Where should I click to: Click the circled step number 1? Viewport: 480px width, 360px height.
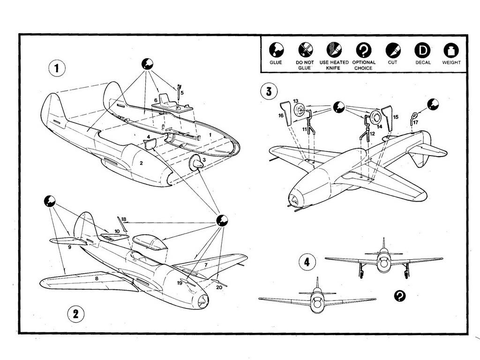(57, 68)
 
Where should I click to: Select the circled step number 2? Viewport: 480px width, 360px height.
(75, 314)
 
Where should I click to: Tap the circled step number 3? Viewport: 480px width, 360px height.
(268, 91)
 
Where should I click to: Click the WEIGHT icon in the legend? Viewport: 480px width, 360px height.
(451, 50)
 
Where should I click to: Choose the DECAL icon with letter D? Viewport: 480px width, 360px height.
(422, 50)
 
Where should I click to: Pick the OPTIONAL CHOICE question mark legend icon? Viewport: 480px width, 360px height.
(364, 50)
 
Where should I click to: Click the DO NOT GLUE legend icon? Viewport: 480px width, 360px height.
(305, 50)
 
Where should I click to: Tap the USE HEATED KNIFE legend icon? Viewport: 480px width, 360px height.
(334, 50)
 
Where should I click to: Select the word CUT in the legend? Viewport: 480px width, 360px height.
(392, 62)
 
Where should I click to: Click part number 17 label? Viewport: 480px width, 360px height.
(415, 122)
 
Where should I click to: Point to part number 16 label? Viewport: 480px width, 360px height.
(281, 115)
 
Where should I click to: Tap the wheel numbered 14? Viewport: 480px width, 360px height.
(375, 118)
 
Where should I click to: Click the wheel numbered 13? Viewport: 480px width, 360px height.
(300, 111)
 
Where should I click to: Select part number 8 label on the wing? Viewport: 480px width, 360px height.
(97, 278)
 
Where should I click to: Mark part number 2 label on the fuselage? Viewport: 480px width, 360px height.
(141, 163)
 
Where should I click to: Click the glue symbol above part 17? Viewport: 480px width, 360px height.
(433, 104)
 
